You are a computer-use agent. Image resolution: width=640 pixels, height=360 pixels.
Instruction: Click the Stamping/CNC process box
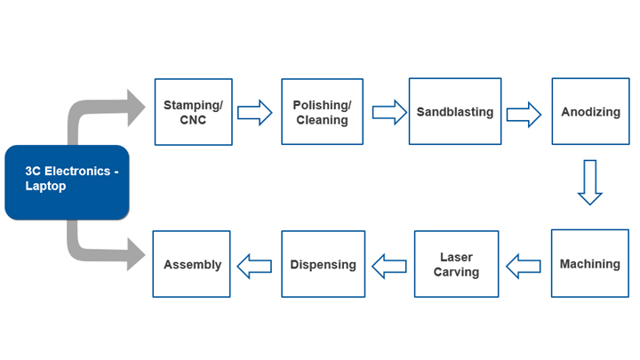point(193,112)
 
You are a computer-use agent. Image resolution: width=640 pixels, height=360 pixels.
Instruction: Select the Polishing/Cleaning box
point(322,112)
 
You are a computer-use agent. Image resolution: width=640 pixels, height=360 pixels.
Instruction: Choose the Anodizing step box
point(590,112)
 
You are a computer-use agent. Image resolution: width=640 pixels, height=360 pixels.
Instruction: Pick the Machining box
point(590,264)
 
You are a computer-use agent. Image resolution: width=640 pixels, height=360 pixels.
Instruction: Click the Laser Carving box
point(456,264)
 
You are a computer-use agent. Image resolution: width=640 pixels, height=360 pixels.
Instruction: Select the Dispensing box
point(324,264)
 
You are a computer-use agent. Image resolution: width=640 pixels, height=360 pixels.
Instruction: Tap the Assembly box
point(192,264)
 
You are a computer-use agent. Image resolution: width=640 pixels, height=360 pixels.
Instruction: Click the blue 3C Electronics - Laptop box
point(67,182)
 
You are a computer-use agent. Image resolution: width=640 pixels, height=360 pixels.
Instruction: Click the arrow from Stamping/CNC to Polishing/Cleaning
point(255,113)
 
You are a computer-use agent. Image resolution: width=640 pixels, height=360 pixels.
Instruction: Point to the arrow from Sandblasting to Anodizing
point(524,113)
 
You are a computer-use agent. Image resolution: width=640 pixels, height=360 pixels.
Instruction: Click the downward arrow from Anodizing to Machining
point(589,182)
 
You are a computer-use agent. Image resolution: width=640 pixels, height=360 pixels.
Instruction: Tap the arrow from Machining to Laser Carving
point(524,265)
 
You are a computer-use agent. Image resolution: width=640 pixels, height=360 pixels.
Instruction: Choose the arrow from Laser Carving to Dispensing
point(389,265)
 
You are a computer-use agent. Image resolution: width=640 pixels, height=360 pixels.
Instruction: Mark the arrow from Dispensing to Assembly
point(255,265)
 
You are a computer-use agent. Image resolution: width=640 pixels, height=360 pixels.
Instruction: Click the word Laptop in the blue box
point(46,188)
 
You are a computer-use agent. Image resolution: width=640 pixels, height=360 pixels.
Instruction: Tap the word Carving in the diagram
point(456,272)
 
